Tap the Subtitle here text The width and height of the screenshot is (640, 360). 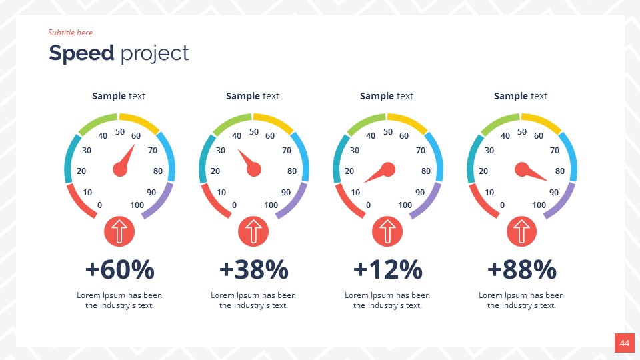[70, 33]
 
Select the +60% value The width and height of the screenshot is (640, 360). [120, 270]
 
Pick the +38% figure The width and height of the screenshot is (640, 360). [254, 270]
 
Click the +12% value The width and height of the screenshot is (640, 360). [388, 270]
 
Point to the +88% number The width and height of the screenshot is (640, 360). [522, 270]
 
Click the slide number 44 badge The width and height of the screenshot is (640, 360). [625, 343]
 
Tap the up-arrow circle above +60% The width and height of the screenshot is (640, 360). [120, 232]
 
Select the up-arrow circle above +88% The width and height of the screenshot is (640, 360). [522, 232]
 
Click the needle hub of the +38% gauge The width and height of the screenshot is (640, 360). [254, 170]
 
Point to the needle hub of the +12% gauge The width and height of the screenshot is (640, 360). [388, 170]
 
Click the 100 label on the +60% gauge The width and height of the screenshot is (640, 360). [137, 205]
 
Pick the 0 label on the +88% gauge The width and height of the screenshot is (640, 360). [502, 205]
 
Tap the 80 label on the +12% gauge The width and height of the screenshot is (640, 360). [426, 171]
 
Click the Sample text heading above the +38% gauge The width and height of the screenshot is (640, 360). [253, 96]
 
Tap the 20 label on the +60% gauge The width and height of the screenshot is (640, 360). [81, 171]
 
